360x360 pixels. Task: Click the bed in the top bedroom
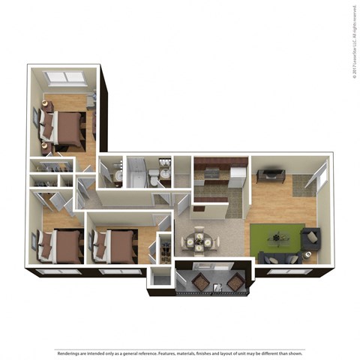(67, 128)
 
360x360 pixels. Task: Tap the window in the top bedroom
(65, 77)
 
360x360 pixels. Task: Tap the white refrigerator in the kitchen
(237, 177)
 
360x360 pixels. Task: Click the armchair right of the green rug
(310, 240)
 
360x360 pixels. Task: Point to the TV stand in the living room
(269, 175)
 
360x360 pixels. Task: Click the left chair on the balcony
(201, 281)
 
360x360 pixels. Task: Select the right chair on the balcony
(234, 282)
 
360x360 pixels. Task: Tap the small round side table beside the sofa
(308, 257)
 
